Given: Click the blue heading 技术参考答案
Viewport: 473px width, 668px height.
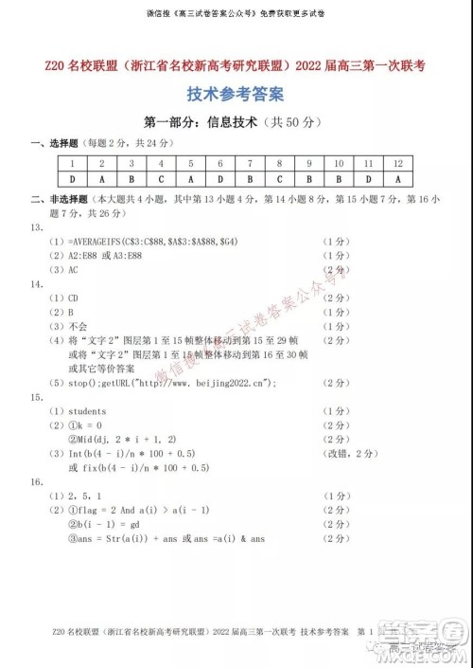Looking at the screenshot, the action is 236,95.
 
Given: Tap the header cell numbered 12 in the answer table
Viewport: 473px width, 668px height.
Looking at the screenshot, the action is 398,163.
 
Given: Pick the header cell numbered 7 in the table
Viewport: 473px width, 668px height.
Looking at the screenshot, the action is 250,163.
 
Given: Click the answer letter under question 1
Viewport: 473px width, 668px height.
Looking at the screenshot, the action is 72,178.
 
